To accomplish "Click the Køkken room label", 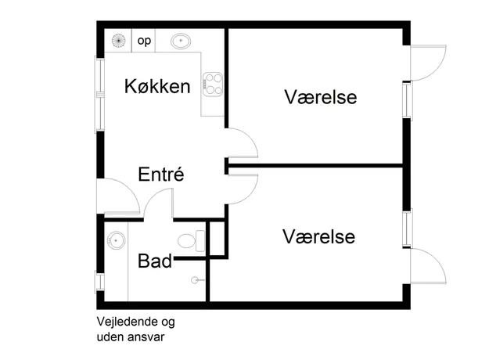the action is (157, 86).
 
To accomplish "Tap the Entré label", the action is (161, 174).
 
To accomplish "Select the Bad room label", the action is (155, 261).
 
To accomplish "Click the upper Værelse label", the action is (320, 97).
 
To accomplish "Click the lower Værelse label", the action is (318, 236).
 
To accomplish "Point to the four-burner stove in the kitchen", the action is (213, 85).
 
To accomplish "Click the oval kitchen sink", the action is (181, 41).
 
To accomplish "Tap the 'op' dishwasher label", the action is (144, 41).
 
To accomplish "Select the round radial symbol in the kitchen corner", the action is (118, 41).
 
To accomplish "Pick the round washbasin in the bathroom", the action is (116, 240).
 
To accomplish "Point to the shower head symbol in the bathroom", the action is (195, 280).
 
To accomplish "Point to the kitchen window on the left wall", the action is (100, 95).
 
